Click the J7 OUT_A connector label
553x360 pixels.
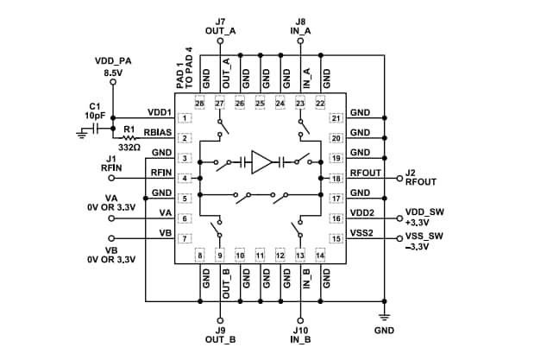click(221, 25)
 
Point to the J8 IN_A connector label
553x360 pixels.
click(300, 25)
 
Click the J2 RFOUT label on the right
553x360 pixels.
click(423, 178)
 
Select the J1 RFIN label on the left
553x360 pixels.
click(112, 163)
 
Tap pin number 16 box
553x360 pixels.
click(336, 218)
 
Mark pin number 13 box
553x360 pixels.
click(300, 255)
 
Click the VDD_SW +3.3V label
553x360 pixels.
click(426, 216)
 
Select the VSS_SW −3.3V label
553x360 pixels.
click(426, 242)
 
